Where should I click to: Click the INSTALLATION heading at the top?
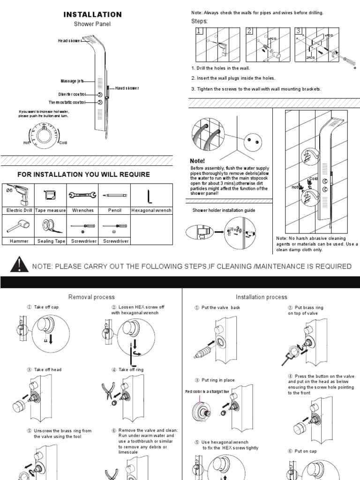point(92,15)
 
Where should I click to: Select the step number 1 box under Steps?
point(199,31)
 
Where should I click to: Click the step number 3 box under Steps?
point(298,31)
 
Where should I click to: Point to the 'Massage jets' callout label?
point(72,81)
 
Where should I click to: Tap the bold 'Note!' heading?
point(198,161)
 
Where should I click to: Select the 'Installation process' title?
point(261,297)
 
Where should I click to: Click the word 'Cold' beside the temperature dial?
point(63,142)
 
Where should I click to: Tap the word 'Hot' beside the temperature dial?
point(27,142)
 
